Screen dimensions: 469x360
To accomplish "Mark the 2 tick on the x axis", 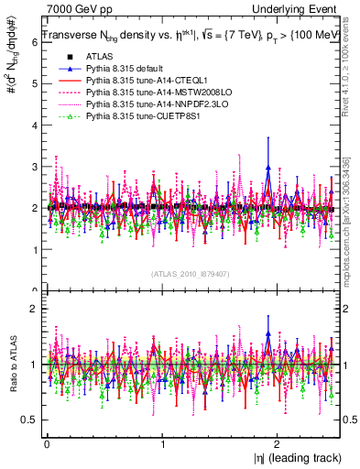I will tap(279, 442).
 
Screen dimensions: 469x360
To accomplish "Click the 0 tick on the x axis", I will tap(47, 442).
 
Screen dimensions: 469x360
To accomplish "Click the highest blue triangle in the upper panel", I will tap(267, 168).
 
